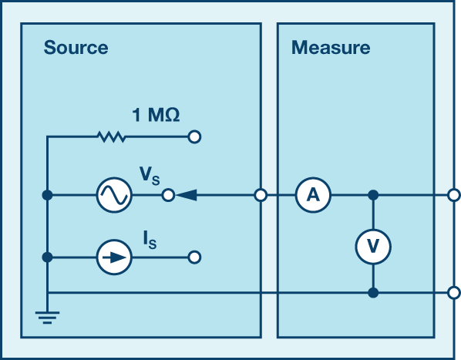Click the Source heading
76,48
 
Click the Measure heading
331,48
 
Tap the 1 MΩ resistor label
156,115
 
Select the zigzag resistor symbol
112,137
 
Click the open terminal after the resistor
194,137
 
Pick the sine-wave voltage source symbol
114,195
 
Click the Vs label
150,176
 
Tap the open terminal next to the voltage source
168,195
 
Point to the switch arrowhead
187,195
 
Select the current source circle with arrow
114,257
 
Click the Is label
150,240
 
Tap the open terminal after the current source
194,257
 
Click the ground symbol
47,318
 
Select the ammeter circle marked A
313,195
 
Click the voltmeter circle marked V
373,246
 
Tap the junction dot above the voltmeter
373,195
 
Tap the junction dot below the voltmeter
373,293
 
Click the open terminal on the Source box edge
261,195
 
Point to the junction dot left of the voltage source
47,195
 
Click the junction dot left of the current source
47,257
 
